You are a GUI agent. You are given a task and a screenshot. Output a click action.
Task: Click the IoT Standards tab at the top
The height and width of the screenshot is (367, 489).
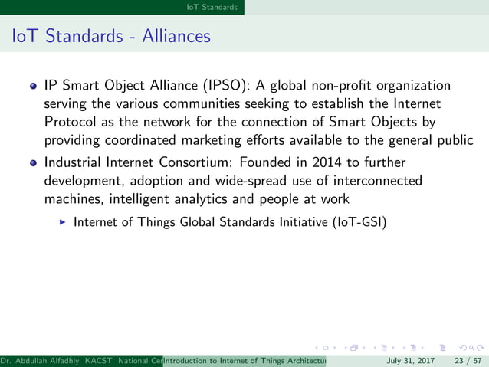(x=217, y=7)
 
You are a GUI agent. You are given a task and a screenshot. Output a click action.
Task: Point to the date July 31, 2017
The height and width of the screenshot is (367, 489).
(x=411, y=360)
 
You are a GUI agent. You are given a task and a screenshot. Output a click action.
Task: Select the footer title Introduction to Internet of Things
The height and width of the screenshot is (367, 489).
(x=245, y=360)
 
